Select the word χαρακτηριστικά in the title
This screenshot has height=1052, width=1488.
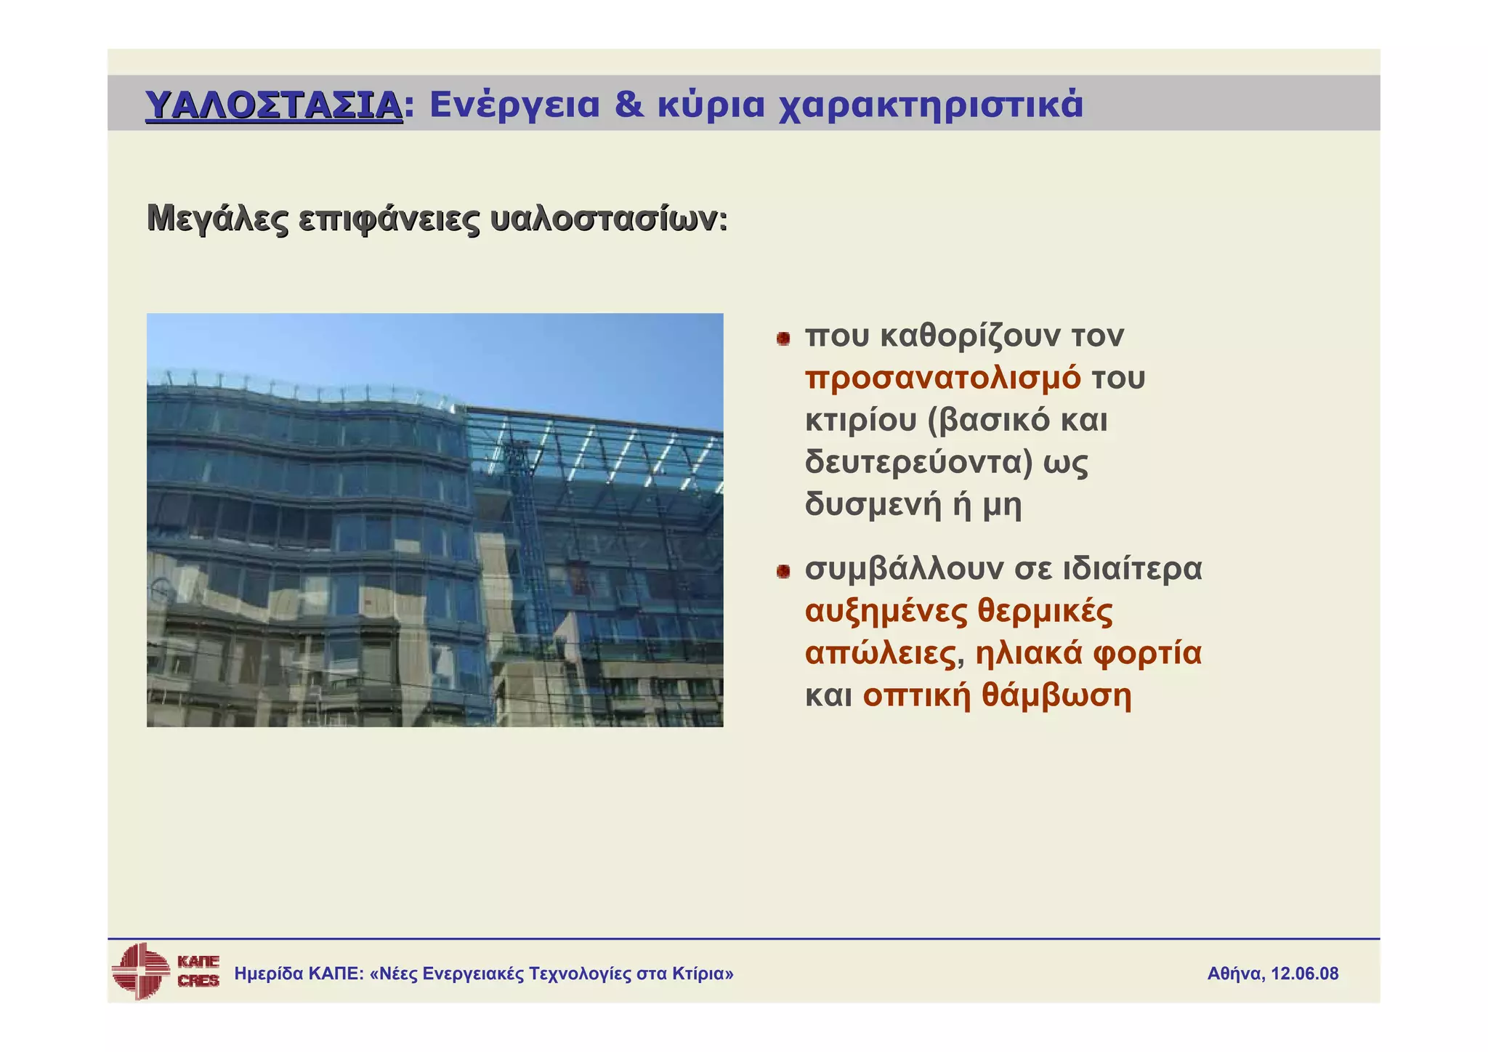click(x=931, y=105)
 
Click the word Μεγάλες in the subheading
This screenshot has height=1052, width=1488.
click(x=217, y=219)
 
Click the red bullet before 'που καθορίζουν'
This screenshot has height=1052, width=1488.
click(x=783, y=339)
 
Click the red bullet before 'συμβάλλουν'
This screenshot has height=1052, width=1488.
click(x=783, y=572)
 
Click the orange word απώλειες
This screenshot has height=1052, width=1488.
click(x=880, y=653)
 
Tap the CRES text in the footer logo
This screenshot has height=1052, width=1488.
click(x=198, y=981)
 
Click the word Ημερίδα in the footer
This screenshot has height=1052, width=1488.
click(x=268, y=974)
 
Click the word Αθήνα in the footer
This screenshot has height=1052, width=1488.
click(x=1235, y=974)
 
